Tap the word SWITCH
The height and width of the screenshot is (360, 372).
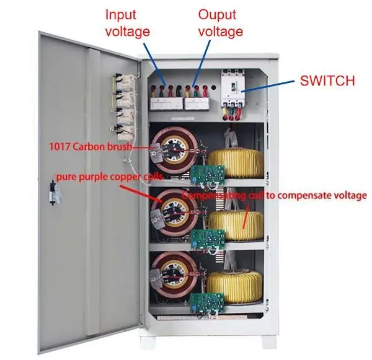(x=327, y=80)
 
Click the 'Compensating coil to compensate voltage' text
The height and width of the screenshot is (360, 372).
(x=274, y=195)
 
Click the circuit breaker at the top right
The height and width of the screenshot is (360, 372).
(x=239, y=90)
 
